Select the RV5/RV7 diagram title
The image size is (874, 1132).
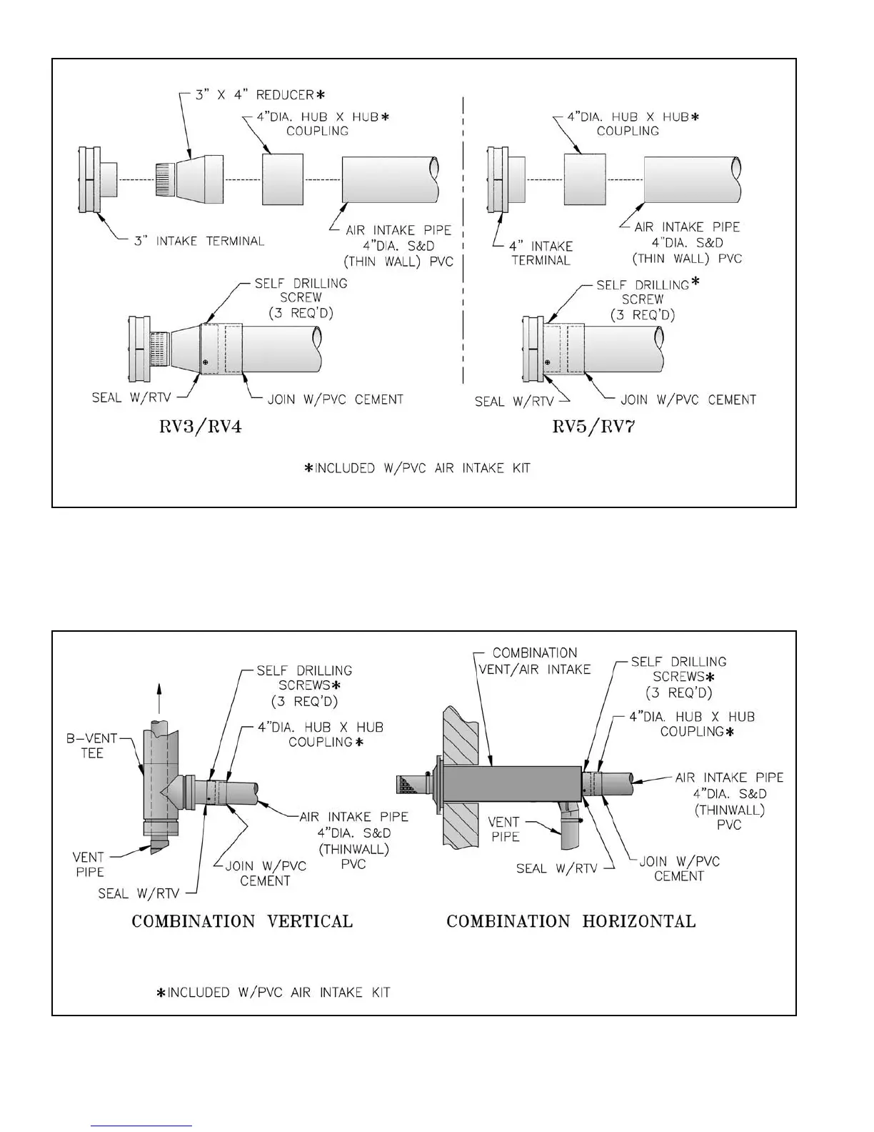[594, 428]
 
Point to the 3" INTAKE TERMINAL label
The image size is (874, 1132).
[199, 241]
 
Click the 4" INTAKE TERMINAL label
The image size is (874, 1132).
[541, 253]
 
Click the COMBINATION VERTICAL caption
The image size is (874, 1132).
[242, 921]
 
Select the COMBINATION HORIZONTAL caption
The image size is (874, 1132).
[571, 921]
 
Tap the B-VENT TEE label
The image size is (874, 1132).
[91, 745]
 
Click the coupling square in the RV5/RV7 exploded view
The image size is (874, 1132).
[585, 179]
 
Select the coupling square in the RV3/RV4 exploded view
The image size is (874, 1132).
[283, 179]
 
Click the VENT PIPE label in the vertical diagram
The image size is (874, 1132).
[89, 864]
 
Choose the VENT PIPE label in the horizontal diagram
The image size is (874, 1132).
[505, 829]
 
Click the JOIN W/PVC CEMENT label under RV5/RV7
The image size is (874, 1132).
[688, 399]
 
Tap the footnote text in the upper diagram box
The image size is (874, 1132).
[417, 469]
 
